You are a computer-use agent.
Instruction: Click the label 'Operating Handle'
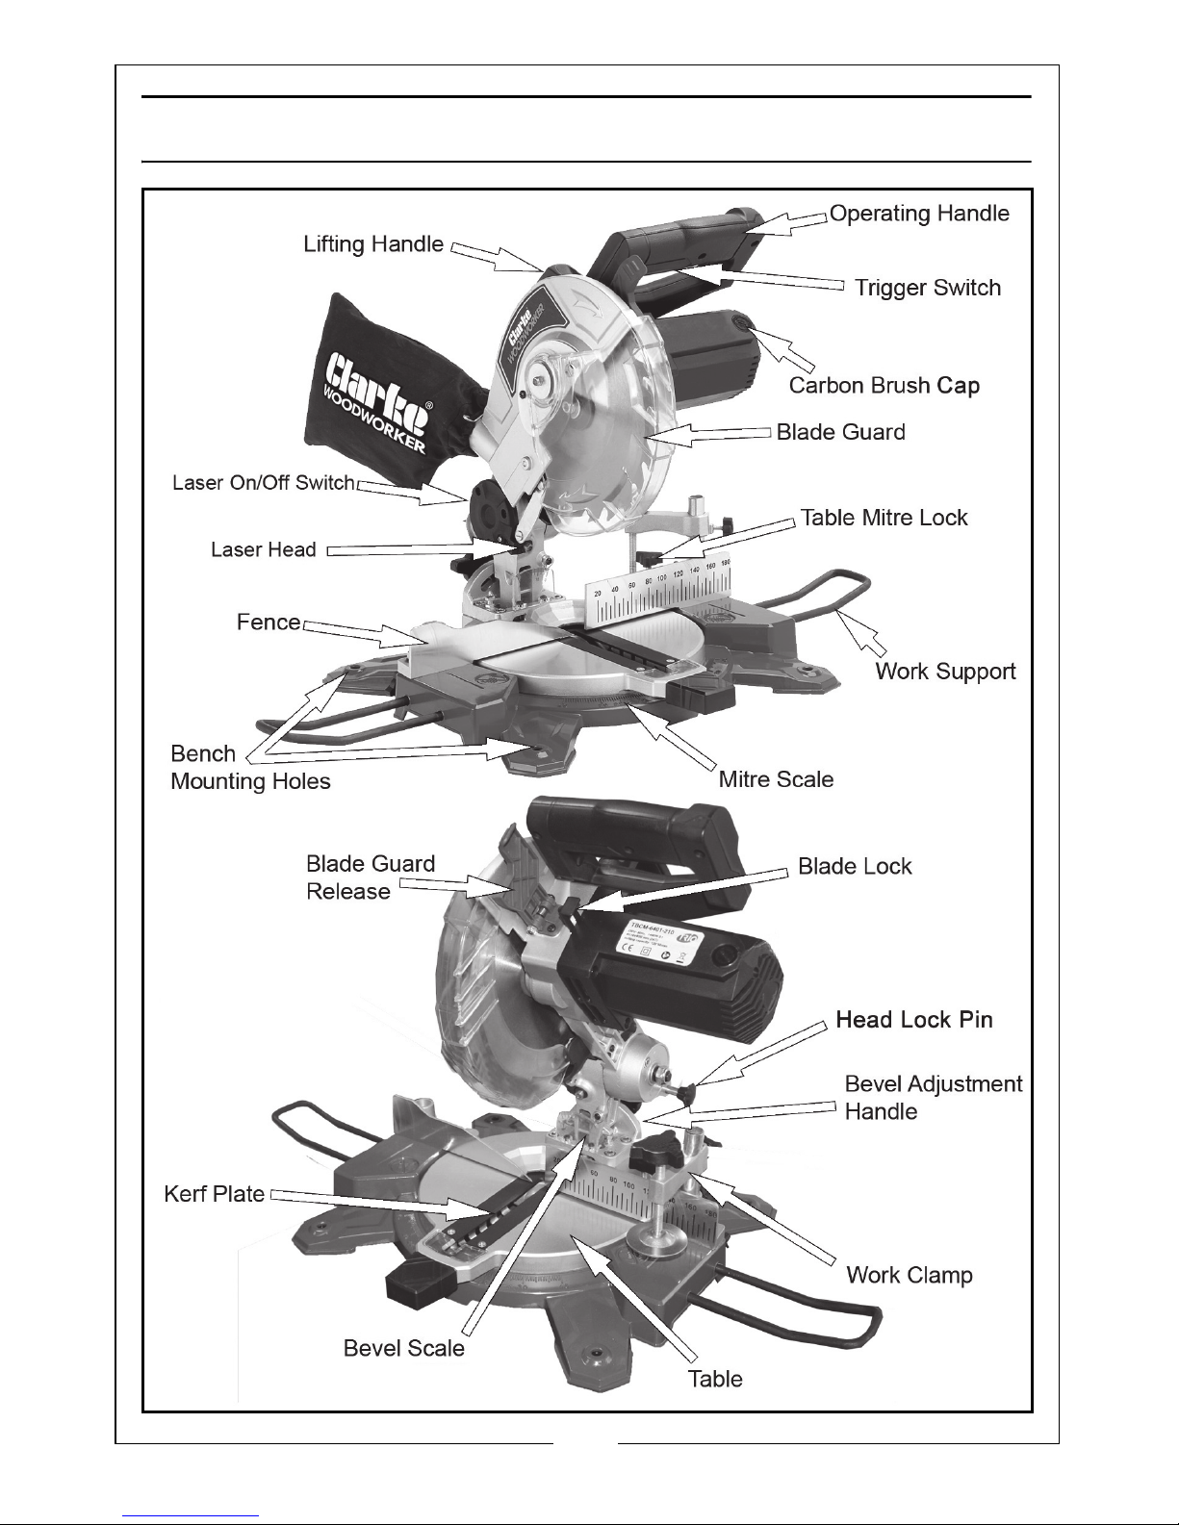[x=919, y=214]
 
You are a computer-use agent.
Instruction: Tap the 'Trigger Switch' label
[x=928, y=288]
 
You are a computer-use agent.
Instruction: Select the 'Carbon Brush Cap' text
[x=884, y=386]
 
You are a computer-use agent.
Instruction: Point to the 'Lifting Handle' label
[x=373, y=244]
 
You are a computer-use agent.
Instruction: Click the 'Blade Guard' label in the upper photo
[x=840, y=432]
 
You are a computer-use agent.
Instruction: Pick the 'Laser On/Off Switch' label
[x=263, y=482]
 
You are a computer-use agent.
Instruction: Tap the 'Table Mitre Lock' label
[x=884, y=518]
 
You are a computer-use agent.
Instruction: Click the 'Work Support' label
[x=945, y=671]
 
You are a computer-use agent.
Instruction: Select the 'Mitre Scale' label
[x=776, y=778]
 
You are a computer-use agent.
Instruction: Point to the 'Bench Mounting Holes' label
[x=249, y=767]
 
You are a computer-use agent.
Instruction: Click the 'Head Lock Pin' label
[x=913, y=1019]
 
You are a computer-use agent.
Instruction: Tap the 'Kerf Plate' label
[x=214, y=1194]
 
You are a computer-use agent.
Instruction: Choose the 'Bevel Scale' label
[x=403, y=1348]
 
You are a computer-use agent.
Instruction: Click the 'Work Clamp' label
[x=909, y=1275]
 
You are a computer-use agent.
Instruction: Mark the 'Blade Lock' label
[x=855, y=866]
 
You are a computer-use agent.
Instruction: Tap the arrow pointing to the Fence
[x=358, y=631]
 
